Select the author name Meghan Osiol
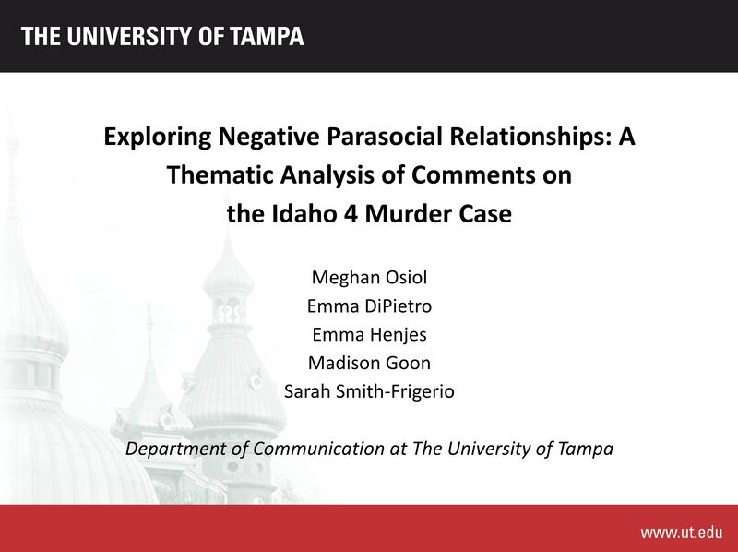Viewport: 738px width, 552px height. [x=369, y=278]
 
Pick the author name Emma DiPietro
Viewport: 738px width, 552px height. [x=369, y=306]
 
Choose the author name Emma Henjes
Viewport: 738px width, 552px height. [x=369, y=335]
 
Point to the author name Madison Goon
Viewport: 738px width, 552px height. [x=369, y=364]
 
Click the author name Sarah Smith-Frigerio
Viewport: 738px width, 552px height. [x=369, y=392]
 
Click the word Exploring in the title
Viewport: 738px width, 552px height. [x=157, y=138]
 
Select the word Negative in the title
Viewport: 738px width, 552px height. [x=260, y=138]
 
